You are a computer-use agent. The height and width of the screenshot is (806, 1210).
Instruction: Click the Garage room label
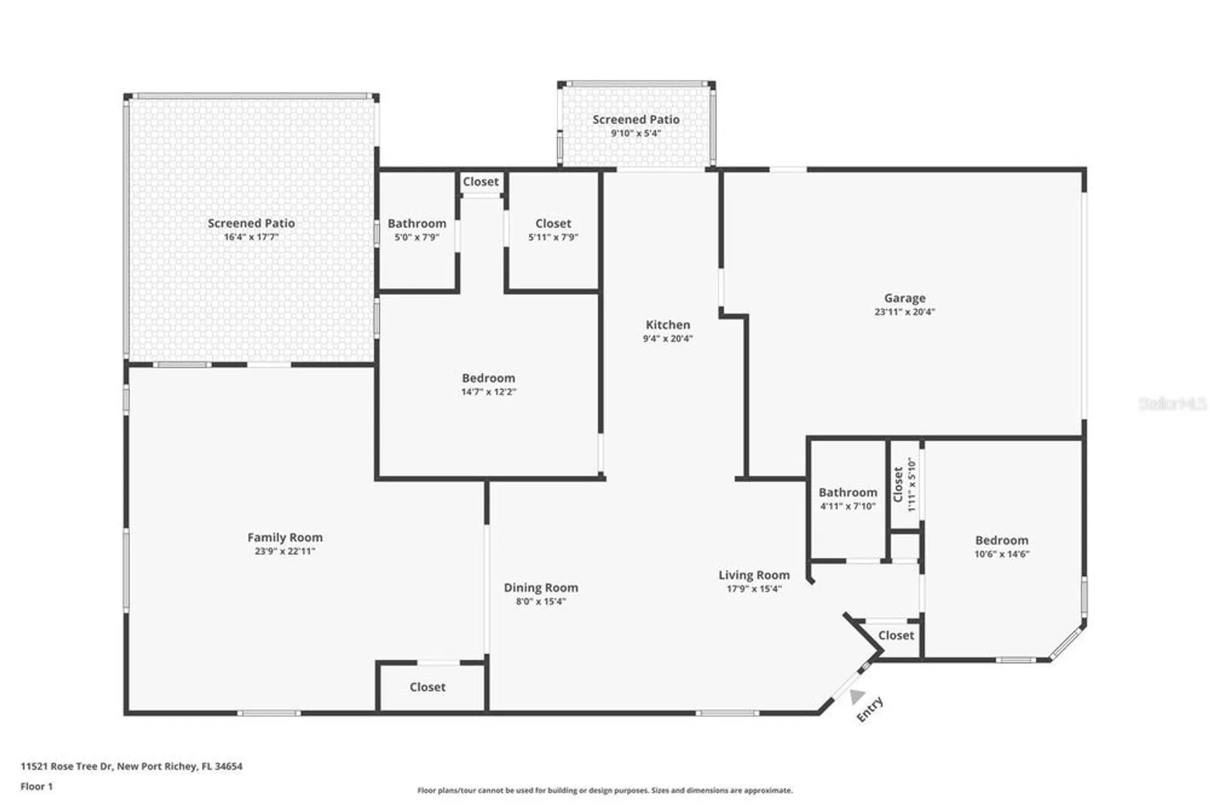(904, 298)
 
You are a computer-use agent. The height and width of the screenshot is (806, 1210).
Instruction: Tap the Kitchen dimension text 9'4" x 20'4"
(667, 339)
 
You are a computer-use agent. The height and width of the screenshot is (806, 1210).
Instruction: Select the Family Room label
(285, 537)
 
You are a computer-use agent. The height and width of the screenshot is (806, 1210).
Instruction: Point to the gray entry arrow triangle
(856, 697)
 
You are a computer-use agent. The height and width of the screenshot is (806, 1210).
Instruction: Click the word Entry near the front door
(870, 709)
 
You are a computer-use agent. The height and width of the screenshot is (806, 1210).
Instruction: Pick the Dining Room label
(541, 588)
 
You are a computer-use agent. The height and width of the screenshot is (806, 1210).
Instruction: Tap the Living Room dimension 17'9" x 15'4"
(754, 589)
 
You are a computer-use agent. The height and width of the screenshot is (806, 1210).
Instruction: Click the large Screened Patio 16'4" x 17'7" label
(251, 223)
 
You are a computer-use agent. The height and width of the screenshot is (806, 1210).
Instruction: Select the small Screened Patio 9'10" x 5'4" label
(636, 120)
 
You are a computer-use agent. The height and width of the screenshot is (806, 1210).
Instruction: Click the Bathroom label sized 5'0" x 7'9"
(417, 223)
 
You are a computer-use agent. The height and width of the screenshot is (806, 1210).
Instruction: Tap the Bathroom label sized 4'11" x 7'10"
(848, 493)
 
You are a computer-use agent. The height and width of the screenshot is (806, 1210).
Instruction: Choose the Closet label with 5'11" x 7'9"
(553, 223)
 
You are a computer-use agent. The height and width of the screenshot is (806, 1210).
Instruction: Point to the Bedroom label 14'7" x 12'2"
(488, 378)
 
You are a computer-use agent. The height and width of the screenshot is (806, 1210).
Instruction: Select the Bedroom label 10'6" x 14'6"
(1001, 540)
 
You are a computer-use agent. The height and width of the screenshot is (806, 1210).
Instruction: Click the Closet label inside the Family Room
(427, 687)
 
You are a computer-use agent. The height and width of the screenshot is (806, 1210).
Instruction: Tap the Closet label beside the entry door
(896, 635)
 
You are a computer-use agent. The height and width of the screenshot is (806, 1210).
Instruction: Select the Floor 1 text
(36, 787)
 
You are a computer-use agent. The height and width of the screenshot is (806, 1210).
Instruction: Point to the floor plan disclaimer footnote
(604, 790)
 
